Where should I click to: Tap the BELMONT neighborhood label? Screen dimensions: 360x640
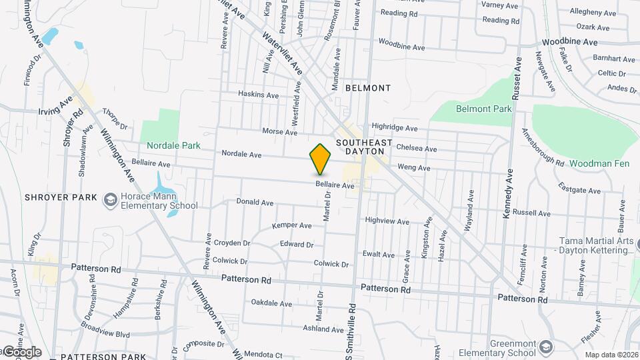click(368, 88)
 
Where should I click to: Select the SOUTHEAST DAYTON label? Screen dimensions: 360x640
click(361, 147)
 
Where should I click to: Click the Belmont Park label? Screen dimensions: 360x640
click(483, 109)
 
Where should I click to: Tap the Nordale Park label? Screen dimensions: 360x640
click(174, 145)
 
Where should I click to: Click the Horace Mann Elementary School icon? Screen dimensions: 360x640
click(109, 199)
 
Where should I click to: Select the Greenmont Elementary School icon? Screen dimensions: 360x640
click(547, 346)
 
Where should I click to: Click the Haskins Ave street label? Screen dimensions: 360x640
click(259, 95)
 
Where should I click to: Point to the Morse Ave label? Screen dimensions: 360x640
click(279, 132)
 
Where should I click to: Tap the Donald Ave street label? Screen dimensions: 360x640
click(255, 202)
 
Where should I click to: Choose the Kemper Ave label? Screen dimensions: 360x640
click(292, 226)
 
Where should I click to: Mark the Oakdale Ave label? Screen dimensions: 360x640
click(271, 303)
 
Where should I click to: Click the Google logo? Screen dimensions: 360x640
click(22, 352)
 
